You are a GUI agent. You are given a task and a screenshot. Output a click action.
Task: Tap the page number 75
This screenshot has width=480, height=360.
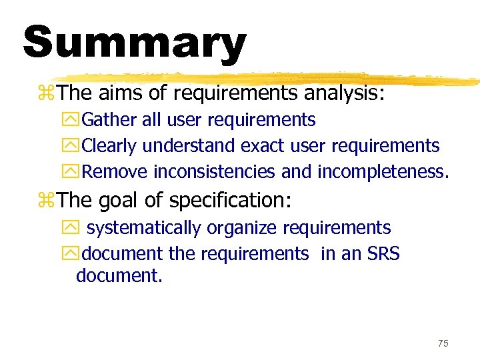pos(443,343)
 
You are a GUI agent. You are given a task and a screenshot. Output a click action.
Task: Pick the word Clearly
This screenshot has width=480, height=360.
pos(110,145)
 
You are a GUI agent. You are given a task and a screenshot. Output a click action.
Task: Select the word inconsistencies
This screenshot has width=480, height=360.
pos(214,171)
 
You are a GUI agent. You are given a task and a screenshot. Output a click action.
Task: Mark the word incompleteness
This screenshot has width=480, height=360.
pos(383,171)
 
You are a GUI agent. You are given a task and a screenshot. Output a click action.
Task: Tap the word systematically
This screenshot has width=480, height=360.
pos(143,228)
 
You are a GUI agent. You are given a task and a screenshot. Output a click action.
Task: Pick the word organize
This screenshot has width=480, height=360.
pos(241,228)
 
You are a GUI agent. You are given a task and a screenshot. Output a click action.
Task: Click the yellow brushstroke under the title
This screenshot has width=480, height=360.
pos(267,79)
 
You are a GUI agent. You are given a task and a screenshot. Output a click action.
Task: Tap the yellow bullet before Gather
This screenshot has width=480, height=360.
pos(73,121)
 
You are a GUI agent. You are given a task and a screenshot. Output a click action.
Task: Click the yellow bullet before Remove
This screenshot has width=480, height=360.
pos(73,172)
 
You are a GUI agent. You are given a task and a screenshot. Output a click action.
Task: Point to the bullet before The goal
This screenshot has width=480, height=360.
pos(48,200)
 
